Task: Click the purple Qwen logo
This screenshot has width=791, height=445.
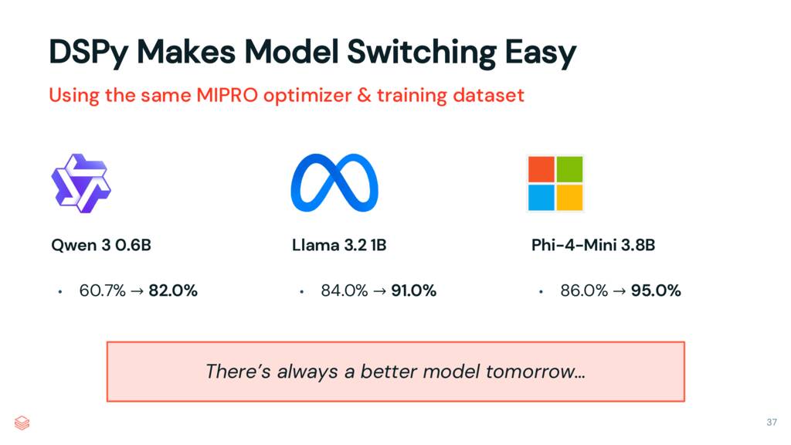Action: point(80,184)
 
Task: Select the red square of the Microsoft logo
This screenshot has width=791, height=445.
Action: point(540,168)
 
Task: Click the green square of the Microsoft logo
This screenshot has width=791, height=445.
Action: point(569,168)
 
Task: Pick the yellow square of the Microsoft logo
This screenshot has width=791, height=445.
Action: point(569,197)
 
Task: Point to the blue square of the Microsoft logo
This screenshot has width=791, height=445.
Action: point(540,197)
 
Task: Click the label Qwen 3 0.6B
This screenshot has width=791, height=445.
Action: point(100,246)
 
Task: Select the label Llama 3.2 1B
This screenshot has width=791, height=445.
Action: point(338,246)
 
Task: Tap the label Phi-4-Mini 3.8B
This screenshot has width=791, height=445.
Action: point(593,246)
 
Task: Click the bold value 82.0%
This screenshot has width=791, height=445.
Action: point(173,291)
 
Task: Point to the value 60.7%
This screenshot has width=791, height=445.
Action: point(97,291)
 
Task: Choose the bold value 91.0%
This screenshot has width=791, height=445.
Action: point(413,291)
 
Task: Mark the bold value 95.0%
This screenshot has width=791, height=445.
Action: point(656,291)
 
